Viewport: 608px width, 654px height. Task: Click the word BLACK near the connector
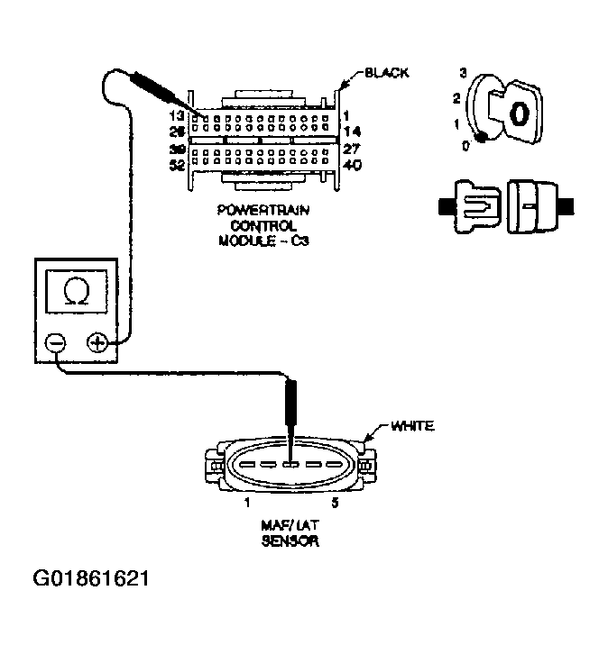coord(385,72)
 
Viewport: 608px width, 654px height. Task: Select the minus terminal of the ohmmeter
coord(55,343)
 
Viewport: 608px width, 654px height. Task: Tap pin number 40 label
coord(355,165)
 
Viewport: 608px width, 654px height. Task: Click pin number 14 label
coord(355,132)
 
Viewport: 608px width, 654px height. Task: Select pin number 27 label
coord(355,150)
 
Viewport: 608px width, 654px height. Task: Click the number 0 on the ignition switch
coord(465,145)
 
